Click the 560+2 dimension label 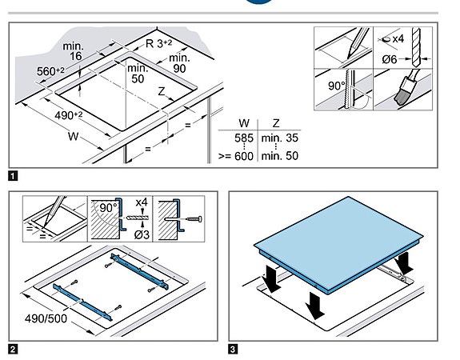coord(50,71)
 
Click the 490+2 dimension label coord(69,115)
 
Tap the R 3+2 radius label coord(158,43)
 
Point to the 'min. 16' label coord(74,51)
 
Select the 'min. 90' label coord(179,63)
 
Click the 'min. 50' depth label coord(138,74)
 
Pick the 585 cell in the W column coord(244,138)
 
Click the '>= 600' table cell coord(236,156)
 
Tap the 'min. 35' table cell coord(279,138)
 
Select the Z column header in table coord(276,123)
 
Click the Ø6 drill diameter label coord(390,59)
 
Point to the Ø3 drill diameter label coord(142,234)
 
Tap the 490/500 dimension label coord(46,318)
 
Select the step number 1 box coord(13,176)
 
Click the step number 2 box coord(13,350)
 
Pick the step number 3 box coord(233,350)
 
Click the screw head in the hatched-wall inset coord(200,219)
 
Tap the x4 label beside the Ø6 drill coord(398,38)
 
